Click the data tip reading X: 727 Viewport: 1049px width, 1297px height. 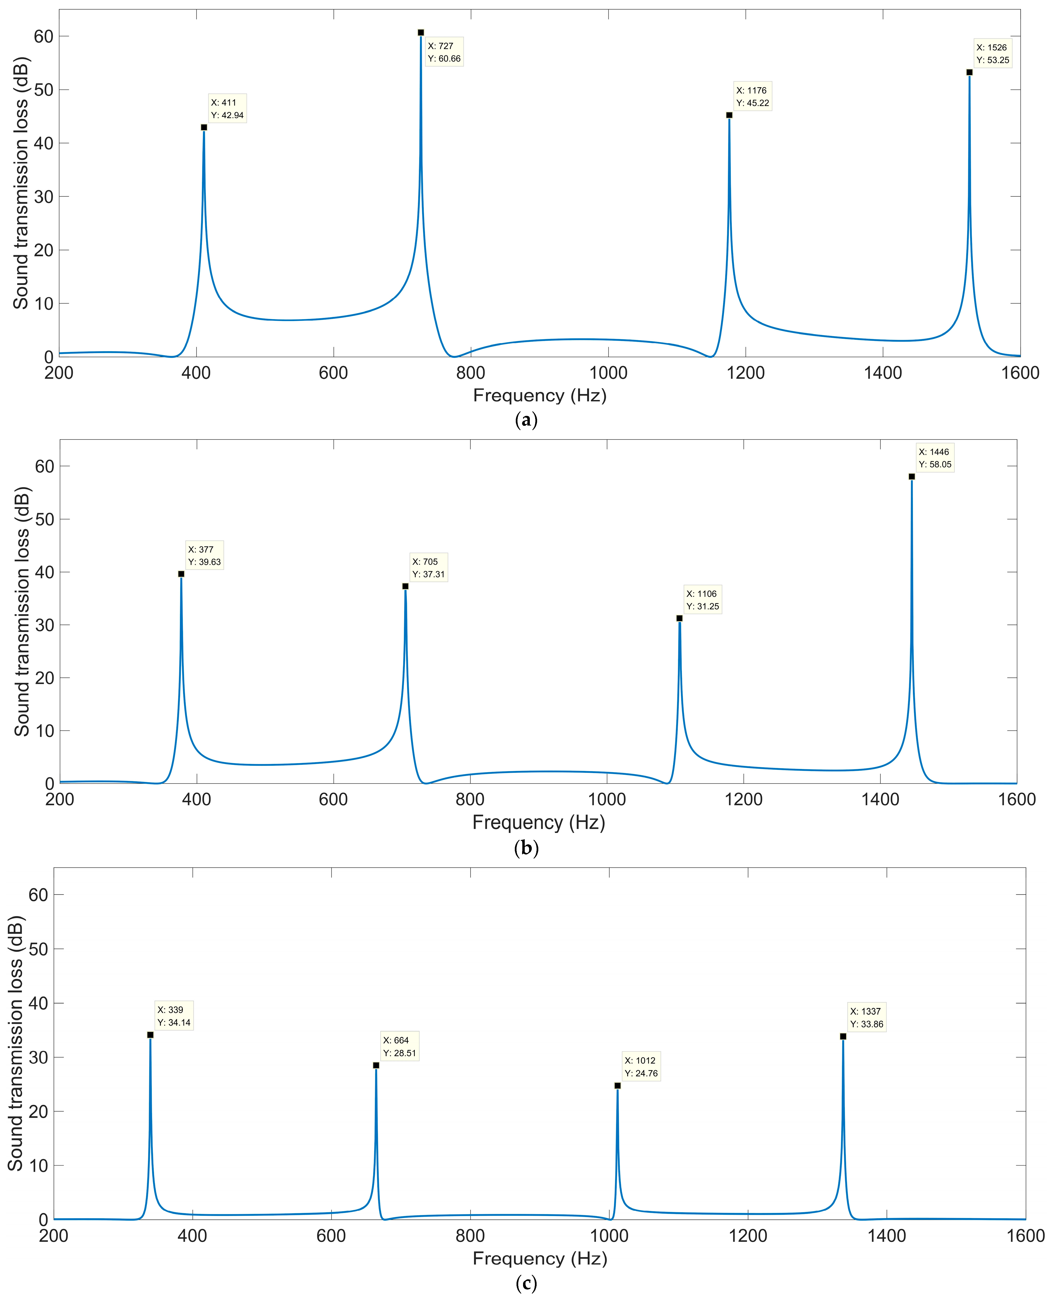click(x=444, y=52)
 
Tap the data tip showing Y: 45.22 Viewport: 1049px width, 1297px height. click(x=752, y=97)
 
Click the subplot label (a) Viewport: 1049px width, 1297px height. click(x=526, y=420)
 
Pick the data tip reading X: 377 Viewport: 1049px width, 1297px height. click(x=204, y=555)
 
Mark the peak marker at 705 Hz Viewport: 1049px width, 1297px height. click(x=405, y=586)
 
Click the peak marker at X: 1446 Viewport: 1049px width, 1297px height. click(x=912, y=476)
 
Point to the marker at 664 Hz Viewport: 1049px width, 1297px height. click(x=376, y=1065)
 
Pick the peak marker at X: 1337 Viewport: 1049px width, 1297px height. click(x=843, y=1036)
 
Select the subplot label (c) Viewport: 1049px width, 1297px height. click(x=526, y=1282)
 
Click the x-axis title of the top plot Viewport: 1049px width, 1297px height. click(x=540, y=395)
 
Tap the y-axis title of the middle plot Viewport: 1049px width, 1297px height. click(x=22, y=611)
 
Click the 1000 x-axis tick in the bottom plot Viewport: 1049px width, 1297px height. click(x=609, y=1235)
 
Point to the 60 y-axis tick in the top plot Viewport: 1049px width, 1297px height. click(x=44, y=37)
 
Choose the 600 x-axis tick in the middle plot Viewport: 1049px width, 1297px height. click(x=333, y=799)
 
